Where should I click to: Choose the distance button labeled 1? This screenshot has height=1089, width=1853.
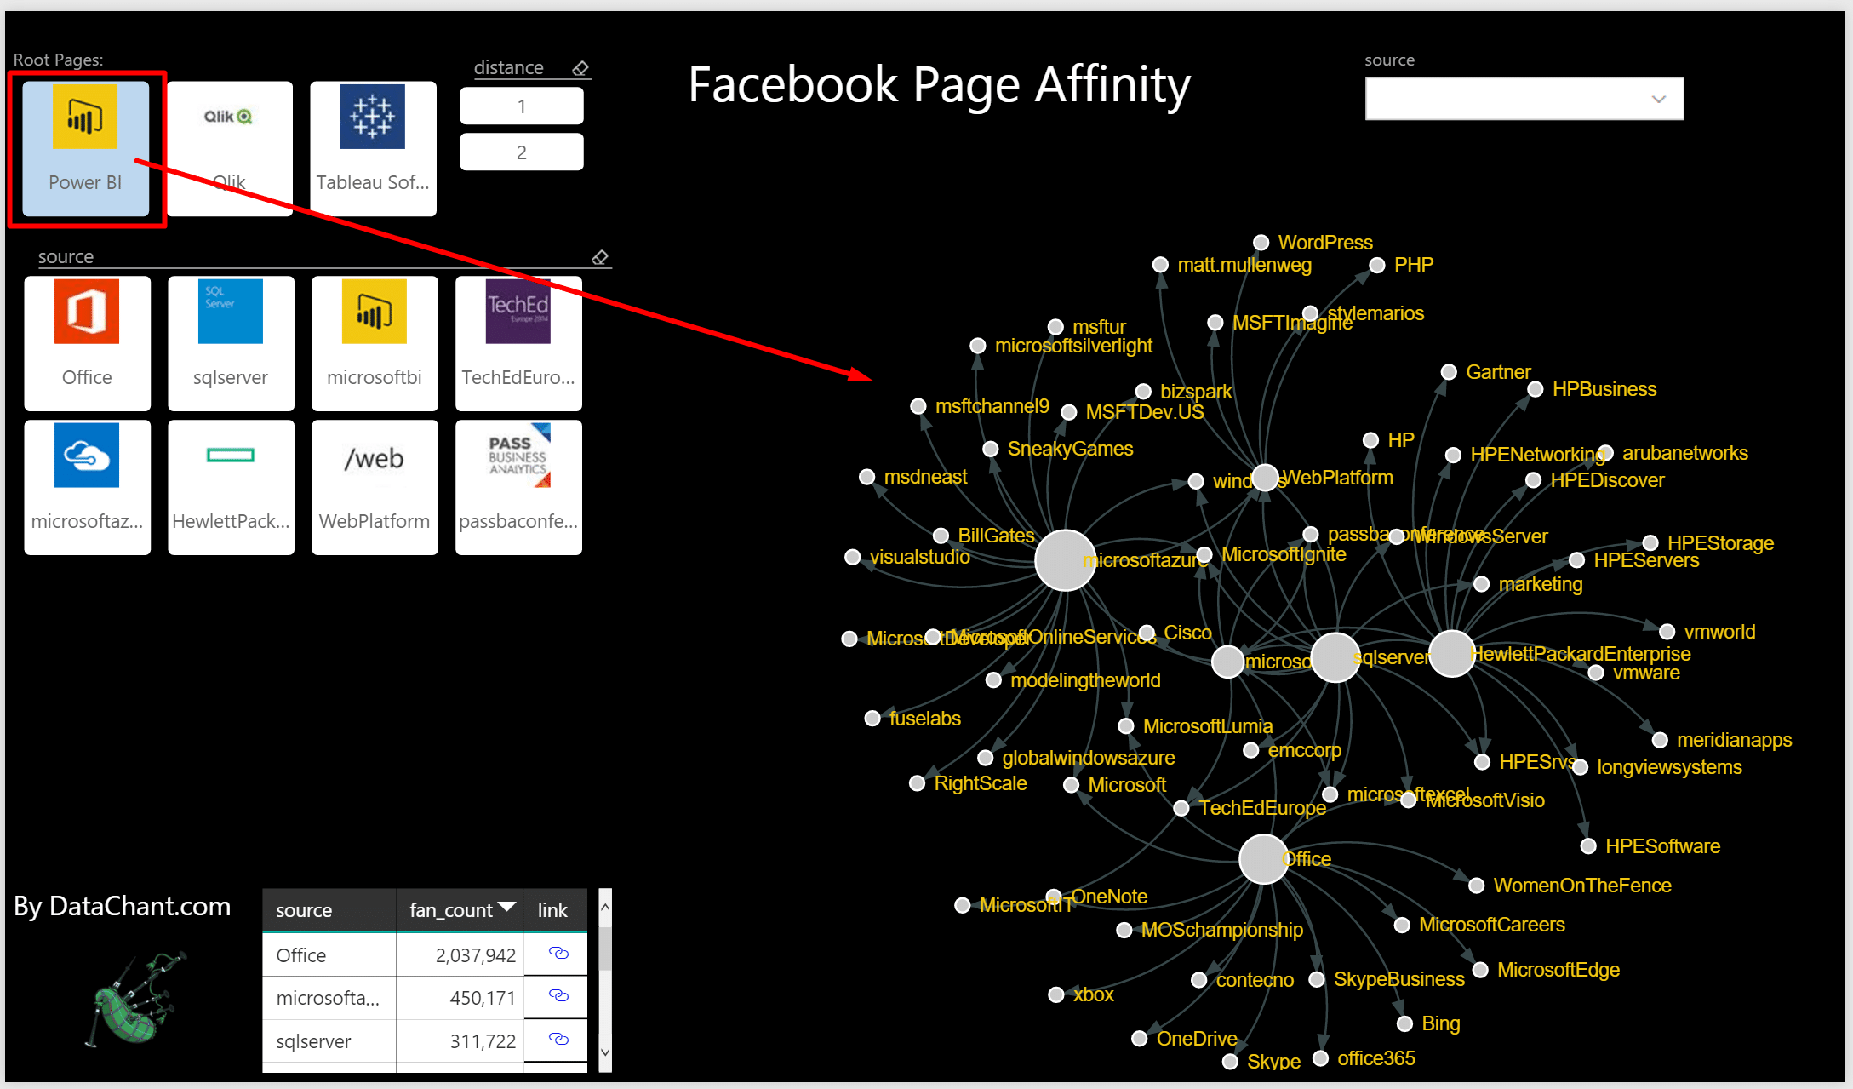click(x=521, y=106)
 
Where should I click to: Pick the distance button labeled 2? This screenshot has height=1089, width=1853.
click(x=521, y=152)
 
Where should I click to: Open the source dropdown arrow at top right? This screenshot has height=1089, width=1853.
click(x=1658, y=99)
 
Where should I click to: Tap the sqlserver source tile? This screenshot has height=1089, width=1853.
click(x=231, y=342)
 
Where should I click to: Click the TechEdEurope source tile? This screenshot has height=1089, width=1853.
click(x=518, y=342)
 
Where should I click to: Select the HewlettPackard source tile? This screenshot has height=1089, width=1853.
click(x=231, y=486)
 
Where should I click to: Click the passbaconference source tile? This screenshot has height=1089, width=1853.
click(x=518, y=486)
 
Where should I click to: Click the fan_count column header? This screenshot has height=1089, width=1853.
click(x=451, y=910)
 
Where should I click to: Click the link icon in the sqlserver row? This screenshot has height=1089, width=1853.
click(x=558, y=1040)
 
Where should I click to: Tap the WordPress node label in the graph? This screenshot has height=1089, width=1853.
click(x=1324, y=243)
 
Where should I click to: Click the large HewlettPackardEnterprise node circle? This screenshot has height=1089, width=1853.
click(x=1451, y=654)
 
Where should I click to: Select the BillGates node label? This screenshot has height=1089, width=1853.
click(x=996, y=536)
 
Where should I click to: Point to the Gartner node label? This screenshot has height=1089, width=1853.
click(x=1497, y=372)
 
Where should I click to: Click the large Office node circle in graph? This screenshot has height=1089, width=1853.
click(x=1263, y=859)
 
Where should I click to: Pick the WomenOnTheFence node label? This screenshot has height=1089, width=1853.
click(x=1581, y=886)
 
